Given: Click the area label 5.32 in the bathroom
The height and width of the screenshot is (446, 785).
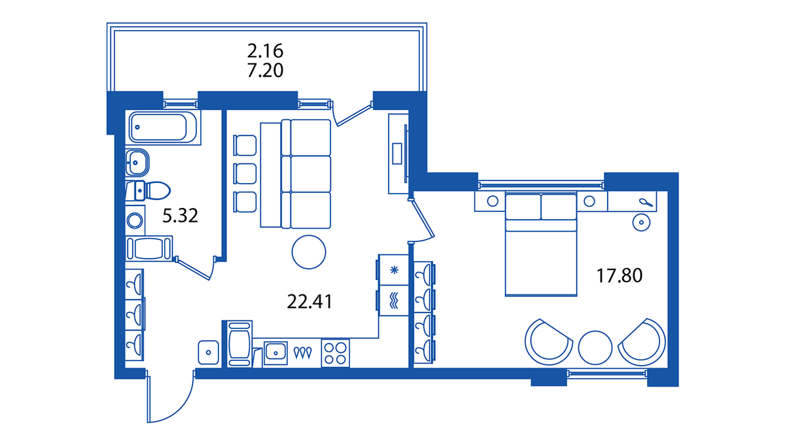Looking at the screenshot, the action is tap(180, 216).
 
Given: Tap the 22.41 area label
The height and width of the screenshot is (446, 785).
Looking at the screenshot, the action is tap(309, 301).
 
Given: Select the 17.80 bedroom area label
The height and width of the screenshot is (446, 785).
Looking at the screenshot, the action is tap(619, 275).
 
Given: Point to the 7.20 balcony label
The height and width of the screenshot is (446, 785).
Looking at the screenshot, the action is tap(266, 71).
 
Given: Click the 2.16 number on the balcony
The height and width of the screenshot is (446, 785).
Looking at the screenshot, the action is tap(266, 51).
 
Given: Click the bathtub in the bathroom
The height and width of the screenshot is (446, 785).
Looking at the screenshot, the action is tap(163, 127).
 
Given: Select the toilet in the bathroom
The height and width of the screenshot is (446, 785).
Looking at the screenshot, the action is tap(148, 190).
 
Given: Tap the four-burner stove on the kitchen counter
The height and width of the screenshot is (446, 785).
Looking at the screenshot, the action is tap(336, 353).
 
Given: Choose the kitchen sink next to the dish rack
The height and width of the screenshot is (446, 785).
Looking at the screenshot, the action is tap(275, 353).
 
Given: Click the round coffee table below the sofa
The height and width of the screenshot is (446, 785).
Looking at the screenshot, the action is tap(309, 252).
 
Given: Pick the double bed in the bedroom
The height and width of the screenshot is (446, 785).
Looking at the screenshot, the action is tap(541, 243).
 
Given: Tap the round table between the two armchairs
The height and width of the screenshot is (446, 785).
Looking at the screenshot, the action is tap(595, 348).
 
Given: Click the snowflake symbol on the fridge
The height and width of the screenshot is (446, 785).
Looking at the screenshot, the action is tap(394, 270).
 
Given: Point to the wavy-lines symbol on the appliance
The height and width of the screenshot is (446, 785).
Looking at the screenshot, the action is tap(394, 301).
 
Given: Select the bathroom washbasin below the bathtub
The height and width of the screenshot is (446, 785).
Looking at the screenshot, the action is tap(137, 163).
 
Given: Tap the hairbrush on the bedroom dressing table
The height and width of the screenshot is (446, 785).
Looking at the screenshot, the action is tap(646, 203).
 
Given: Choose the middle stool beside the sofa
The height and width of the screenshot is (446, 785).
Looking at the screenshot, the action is tap(245, 174).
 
